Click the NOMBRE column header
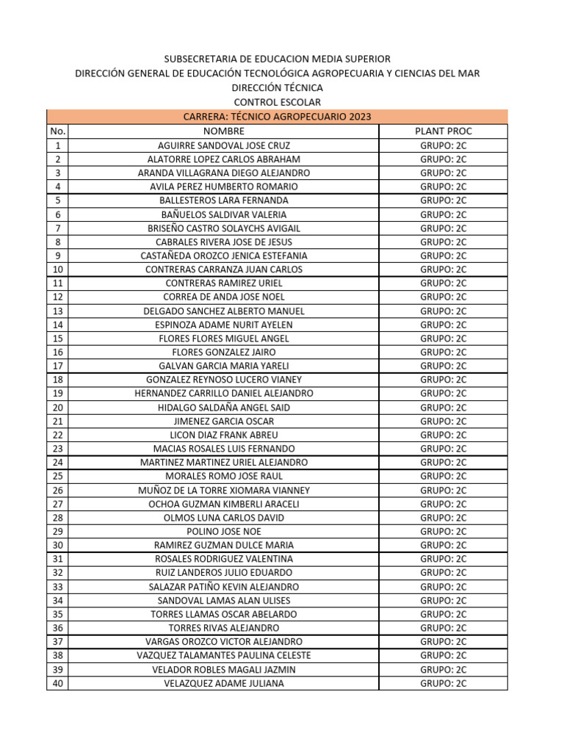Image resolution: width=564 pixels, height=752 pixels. click(x=223, y=131)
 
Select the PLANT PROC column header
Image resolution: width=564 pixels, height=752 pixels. click(x=443, y=131)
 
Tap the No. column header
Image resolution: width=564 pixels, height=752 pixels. click(x=57, y=131)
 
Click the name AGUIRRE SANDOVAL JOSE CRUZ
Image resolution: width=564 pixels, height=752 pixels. click(x=223, y=145)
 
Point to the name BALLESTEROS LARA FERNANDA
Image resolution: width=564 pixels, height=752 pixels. click(x=223, y=200)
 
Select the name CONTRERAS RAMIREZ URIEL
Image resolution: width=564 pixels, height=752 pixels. click(x=223, y=283)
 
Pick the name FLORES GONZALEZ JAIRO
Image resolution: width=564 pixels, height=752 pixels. click(x=223, y=352)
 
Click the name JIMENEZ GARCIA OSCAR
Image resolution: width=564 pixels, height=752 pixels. click(x=223, y=422)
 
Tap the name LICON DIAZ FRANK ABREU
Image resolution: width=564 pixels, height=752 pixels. click(x=223, y=435)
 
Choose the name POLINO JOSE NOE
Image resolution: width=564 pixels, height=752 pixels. click(x=223, y=532)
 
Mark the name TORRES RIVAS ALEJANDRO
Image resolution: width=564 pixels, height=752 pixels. click(x=223, y=628)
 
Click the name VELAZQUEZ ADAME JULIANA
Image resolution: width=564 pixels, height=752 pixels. click(x=223, y=684)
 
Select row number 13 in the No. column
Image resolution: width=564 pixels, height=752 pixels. click(x=57, y=311)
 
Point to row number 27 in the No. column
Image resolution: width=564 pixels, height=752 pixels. click(x=57, y=505)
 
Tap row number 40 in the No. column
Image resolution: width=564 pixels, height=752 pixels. click(x=57, y=684)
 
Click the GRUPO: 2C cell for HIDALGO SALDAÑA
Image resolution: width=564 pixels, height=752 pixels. click(x=443, y=408)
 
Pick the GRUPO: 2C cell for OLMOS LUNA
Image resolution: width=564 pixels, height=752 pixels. click(x=443, y=518)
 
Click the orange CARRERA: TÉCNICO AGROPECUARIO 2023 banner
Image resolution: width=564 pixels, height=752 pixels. click(x=277, y=117)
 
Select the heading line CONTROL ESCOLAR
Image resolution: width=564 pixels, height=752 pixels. click(x=277, y=102)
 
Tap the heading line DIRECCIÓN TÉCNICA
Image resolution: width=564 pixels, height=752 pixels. click(x=277, y=87)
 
